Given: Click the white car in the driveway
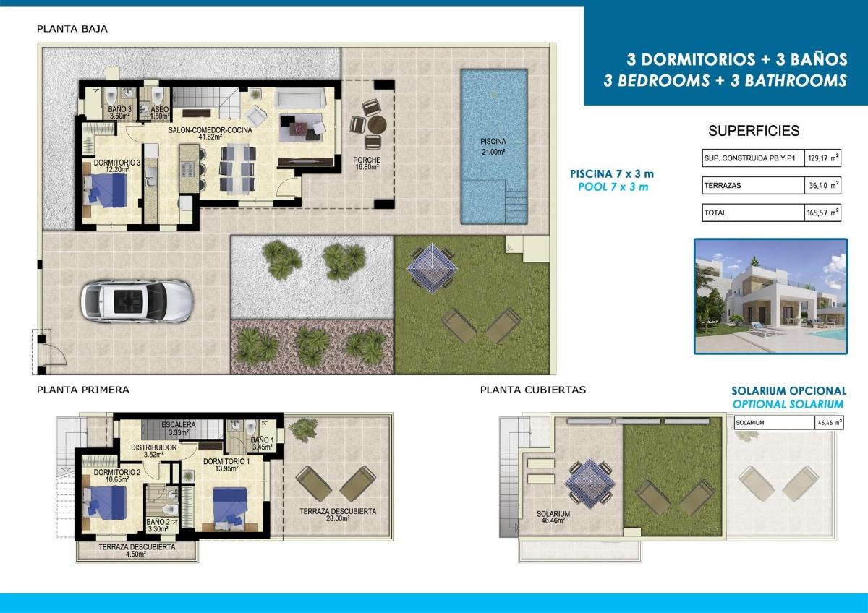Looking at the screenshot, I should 136,301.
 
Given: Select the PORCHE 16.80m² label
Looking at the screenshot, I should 367,163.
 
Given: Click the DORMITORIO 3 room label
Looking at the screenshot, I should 107,166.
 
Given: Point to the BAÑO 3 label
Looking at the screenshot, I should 119,112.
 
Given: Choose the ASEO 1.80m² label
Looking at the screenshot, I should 159,112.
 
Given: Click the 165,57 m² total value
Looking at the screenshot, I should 823,213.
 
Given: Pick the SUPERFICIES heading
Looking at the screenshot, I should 754,131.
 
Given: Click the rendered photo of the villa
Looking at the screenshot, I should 770,296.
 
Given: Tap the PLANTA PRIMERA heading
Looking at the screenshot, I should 83,390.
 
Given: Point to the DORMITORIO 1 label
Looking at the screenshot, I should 226,465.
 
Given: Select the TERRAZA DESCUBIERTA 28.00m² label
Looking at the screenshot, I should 338,515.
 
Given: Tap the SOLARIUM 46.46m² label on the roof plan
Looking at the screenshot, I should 553,518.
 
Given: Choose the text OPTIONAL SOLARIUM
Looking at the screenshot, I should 788,404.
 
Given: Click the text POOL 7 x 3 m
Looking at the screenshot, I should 613,187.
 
